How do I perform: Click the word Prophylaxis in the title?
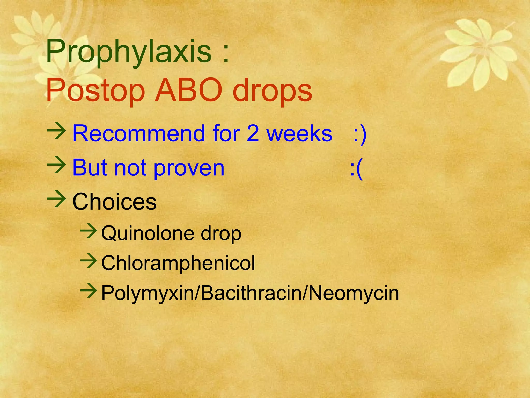pos(129,52)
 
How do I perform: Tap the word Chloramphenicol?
pos(178,263)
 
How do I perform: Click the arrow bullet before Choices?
pos(56,199)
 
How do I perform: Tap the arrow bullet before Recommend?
pos(56,131)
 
